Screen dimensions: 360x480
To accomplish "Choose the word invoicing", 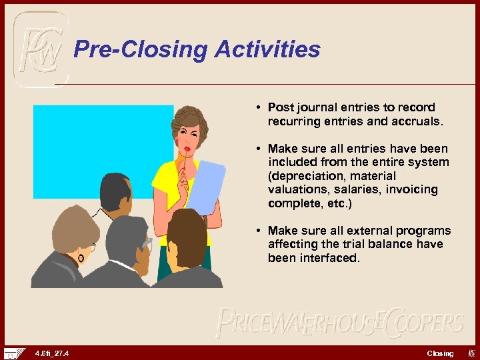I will [x=411, y=189].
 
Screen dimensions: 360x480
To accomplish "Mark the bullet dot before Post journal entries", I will [x=257, y=107].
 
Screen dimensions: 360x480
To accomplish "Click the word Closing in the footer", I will [x=440, y=353].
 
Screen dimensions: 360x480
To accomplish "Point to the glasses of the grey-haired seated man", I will [x=147, y=245].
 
